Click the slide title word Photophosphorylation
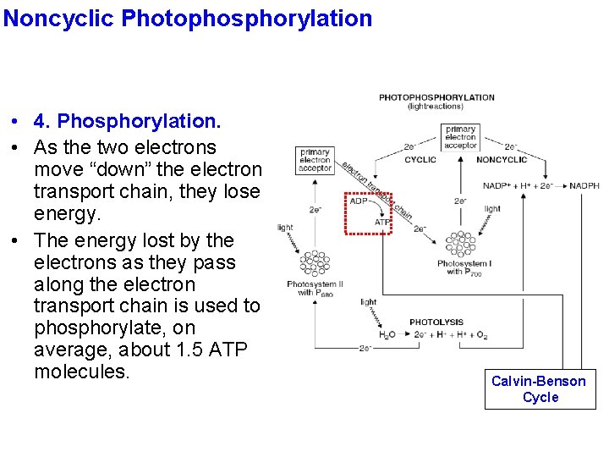(247, 18)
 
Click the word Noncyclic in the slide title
(60, 18)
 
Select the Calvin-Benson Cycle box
(540, 389)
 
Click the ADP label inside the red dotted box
(359, 201)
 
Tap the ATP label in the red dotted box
(382, 222)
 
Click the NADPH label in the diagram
(584, 185)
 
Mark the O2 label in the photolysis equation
(480, 335)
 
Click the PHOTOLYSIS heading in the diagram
(436, 322)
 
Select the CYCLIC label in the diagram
(420, 159)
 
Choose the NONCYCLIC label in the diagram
(501, 159)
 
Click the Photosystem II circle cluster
(314, 262)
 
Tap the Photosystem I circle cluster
(460, 245)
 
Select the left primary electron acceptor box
(315, 160)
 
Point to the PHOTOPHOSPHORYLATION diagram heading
(436, 97)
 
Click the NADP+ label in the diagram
(497, 185)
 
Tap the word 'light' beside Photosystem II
(285, 227)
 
